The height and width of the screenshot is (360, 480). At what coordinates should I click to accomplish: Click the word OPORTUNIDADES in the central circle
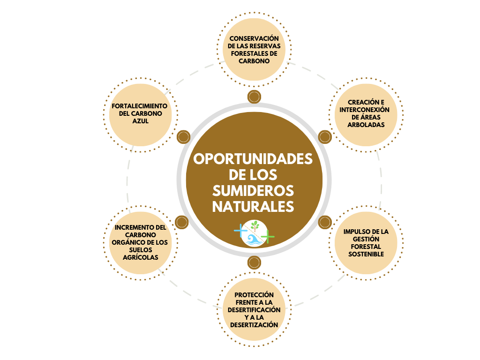click(x=253, y=159)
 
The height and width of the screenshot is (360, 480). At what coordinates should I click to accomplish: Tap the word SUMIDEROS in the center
click(x=253, y=190)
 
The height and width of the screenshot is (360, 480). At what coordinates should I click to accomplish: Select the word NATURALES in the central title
click(x=253, y=206)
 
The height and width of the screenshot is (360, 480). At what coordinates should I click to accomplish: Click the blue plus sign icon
click(x=240, y=231)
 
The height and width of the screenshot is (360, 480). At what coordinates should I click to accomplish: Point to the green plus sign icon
click(x=268, y=236)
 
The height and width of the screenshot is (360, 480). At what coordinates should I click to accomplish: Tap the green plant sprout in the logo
click(x=255, y=225)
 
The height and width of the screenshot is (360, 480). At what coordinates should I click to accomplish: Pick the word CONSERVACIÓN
click(x=254, y=38)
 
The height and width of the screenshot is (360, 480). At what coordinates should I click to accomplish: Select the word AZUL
click(x=139, y=121)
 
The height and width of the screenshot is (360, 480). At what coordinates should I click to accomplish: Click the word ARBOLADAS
click(x=366, y=125)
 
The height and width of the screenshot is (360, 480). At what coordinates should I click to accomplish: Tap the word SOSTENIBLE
click(x=366, y=254)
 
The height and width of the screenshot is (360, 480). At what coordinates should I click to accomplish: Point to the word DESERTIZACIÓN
click(x=254, y=325)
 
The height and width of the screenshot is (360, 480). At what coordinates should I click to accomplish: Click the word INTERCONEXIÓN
click(x=366, y=110)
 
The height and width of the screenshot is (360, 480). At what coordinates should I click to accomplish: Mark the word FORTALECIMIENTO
click(x=139, y=106)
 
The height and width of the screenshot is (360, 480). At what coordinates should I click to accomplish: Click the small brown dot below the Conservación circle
click(x=254, y=97)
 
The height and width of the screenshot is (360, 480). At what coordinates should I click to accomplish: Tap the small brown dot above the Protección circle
click(x=254, y=262)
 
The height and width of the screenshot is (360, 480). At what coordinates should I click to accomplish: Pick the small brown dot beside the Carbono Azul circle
click(x=183, y=137)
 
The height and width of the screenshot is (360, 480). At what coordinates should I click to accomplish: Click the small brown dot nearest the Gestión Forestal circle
click(x=325, y=222)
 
